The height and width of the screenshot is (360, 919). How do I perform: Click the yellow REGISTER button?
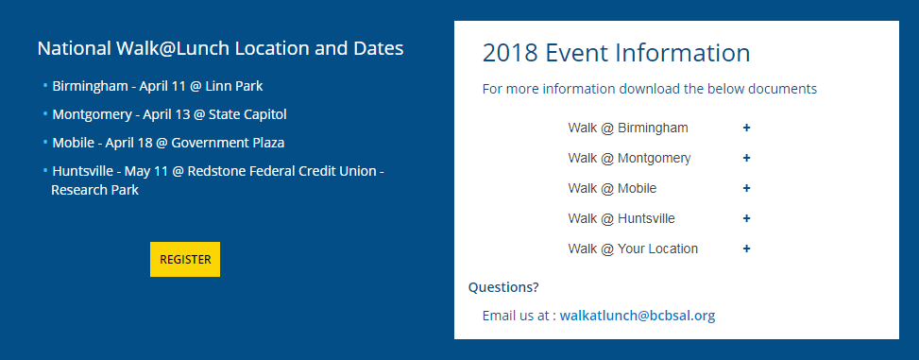[184, 259]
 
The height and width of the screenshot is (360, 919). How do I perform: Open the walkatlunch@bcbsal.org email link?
[637, 316]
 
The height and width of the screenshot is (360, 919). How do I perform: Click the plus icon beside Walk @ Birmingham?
[746, 128]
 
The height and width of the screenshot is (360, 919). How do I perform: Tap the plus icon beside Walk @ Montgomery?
[746, 158]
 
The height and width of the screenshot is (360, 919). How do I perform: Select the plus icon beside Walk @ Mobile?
[746, 188]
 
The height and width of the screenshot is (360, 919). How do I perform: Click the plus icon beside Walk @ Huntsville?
[746, 218]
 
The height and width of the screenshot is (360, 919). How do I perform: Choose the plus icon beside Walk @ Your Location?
[746, 249]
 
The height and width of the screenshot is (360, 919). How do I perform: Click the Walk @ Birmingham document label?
[627, 128]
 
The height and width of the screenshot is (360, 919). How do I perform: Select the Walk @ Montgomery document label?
[629, 158]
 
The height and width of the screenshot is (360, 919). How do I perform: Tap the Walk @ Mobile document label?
[612, 188]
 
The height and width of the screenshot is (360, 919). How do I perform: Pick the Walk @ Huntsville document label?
[621, 218]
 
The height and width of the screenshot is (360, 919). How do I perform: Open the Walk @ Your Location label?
[633, 249]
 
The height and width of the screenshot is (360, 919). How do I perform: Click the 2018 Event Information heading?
[616, 53]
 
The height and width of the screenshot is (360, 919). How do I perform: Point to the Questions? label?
[503, 287]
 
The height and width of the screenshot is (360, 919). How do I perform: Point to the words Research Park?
[94, 190]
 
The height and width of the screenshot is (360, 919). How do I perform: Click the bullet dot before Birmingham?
[44, 85]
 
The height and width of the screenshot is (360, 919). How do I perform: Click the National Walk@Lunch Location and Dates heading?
[220, 48]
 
